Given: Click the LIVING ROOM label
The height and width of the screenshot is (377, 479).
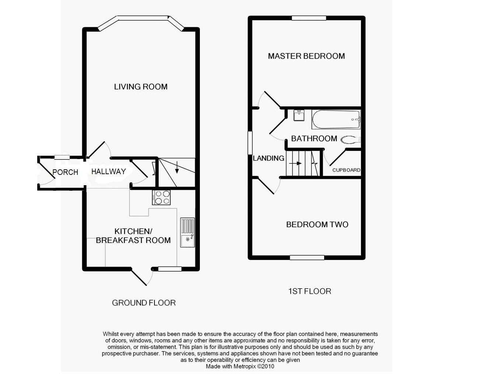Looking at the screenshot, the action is (x=140, y=87).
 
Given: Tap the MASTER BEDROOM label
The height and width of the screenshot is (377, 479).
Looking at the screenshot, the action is (x=306, y=56).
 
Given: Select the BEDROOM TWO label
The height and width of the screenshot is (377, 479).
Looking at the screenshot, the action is (x=317, y=225).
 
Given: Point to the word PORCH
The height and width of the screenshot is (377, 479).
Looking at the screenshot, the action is (x=65, y=172).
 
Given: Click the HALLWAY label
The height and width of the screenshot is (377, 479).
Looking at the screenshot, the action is (x=108, y=172).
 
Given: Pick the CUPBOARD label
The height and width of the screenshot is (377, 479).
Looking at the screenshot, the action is (x=346, y=170).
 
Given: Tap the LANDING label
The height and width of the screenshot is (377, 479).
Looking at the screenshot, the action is (x=268, y=158).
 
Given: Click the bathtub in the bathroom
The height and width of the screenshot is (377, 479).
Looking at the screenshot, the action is (x=336, y=119).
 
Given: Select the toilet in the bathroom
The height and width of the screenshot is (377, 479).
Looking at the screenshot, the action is (x=351, y=140).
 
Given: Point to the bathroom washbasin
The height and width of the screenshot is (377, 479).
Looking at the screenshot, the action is (x=299, y=115).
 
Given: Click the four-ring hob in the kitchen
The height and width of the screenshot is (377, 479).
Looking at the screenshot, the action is (x=162, y=197).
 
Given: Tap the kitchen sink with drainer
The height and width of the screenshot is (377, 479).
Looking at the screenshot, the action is (x=187, y=232).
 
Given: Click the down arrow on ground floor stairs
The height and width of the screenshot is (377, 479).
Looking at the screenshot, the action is (x=177, y=167).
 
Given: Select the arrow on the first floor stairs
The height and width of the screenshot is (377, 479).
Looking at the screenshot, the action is (x=295, y=163).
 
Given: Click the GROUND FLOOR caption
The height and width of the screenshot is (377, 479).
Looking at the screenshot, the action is (x=144, y=303).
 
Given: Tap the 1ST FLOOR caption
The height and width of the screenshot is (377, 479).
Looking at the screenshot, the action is (x=310, y=291).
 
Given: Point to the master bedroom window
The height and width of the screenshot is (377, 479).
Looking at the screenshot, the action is (x=309, y=18).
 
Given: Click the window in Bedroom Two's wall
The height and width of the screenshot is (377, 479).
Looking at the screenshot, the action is (x=307, y=257).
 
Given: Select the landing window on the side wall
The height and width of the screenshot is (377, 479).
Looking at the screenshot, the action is (x=250, y=142).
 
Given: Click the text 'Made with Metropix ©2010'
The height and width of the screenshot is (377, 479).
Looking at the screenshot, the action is (x=240, y=366).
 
